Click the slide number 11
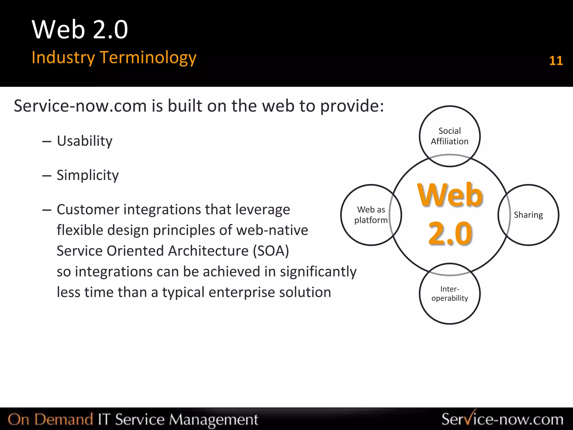pyautogui.click(x=556, y=61)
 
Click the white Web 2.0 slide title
pyautogui.click(x=80, y=30)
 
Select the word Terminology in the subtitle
pyautogui.click(x=148, y=57)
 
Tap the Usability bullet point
pyautogui.click(x=84, y=141)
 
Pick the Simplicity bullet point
pyautogui.click(x=87, y=175)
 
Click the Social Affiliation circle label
pyautogui.click(x=449, y=136)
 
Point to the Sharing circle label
pyautogui.click(x=528, y=215)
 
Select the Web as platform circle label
pyautogui.click(x=371, y=215)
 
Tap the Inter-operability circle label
pyautogui.click(x=449, y=293)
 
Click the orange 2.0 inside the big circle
pyautogui.click(x=450, y=233)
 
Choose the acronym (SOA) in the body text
pyautogui.click(x=271, y=251)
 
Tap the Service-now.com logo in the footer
pyautogui.click(x=502, y=419)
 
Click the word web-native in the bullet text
pyautogui.click(x=272, y=230)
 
